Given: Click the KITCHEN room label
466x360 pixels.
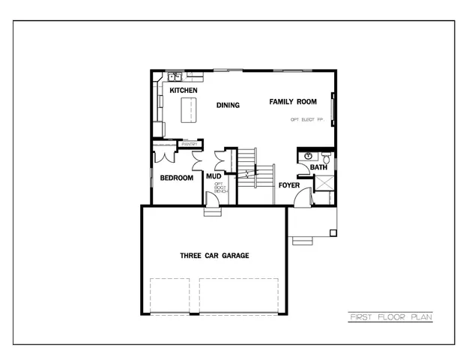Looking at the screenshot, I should point(184,90).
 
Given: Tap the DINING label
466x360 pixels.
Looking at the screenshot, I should point(229,105).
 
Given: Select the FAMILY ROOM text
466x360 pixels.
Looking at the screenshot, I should point(293,101).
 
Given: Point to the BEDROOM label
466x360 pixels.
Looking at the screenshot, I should point(177,178).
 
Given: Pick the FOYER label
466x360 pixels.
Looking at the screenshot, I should point(289,184).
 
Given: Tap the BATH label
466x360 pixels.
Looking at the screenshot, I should point(319,167).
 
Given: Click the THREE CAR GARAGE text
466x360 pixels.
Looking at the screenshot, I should point(214,256).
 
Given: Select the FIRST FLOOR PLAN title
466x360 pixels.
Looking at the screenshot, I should point(390,317).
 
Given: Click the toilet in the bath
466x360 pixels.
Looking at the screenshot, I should point(327,157).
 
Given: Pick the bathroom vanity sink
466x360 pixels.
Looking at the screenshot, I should point(308,156).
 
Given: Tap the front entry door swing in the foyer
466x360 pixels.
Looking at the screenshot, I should point(302,197).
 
